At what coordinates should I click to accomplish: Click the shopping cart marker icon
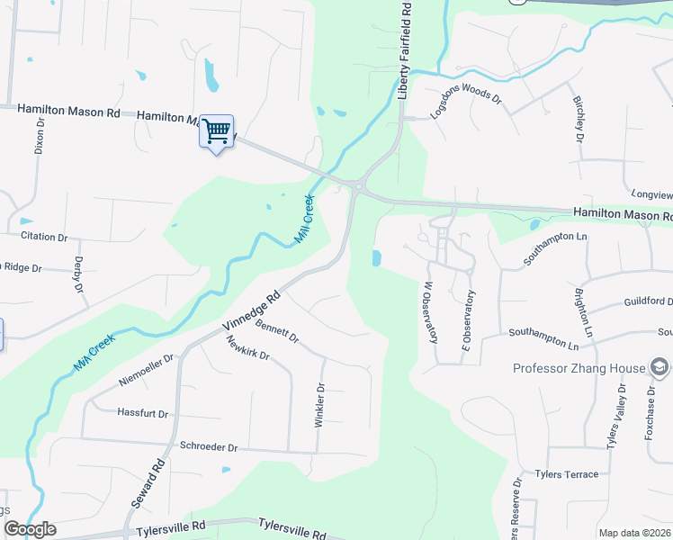point(216,131)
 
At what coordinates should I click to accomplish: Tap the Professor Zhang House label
point(579,368)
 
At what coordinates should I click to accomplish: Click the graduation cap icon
point(660,367)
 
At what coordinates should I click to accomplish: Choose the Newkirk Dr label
point(248,348)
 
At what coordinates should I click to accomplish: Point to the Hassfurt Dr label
point(143,413)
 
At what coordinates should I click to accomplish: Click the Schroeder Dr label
point(208,446)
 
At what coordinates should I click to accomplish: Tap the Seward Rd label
point(152,485)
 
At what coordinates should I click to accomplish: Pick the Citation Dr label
point(43,237)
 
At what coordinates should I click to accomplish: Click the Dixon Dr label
point(39,136)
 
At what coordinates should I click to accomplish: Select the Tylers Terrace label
point(566,474)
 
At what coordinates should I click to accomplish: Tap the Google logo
point(30,529)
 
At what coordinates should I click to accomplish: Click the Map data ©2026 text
point(634,533)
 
